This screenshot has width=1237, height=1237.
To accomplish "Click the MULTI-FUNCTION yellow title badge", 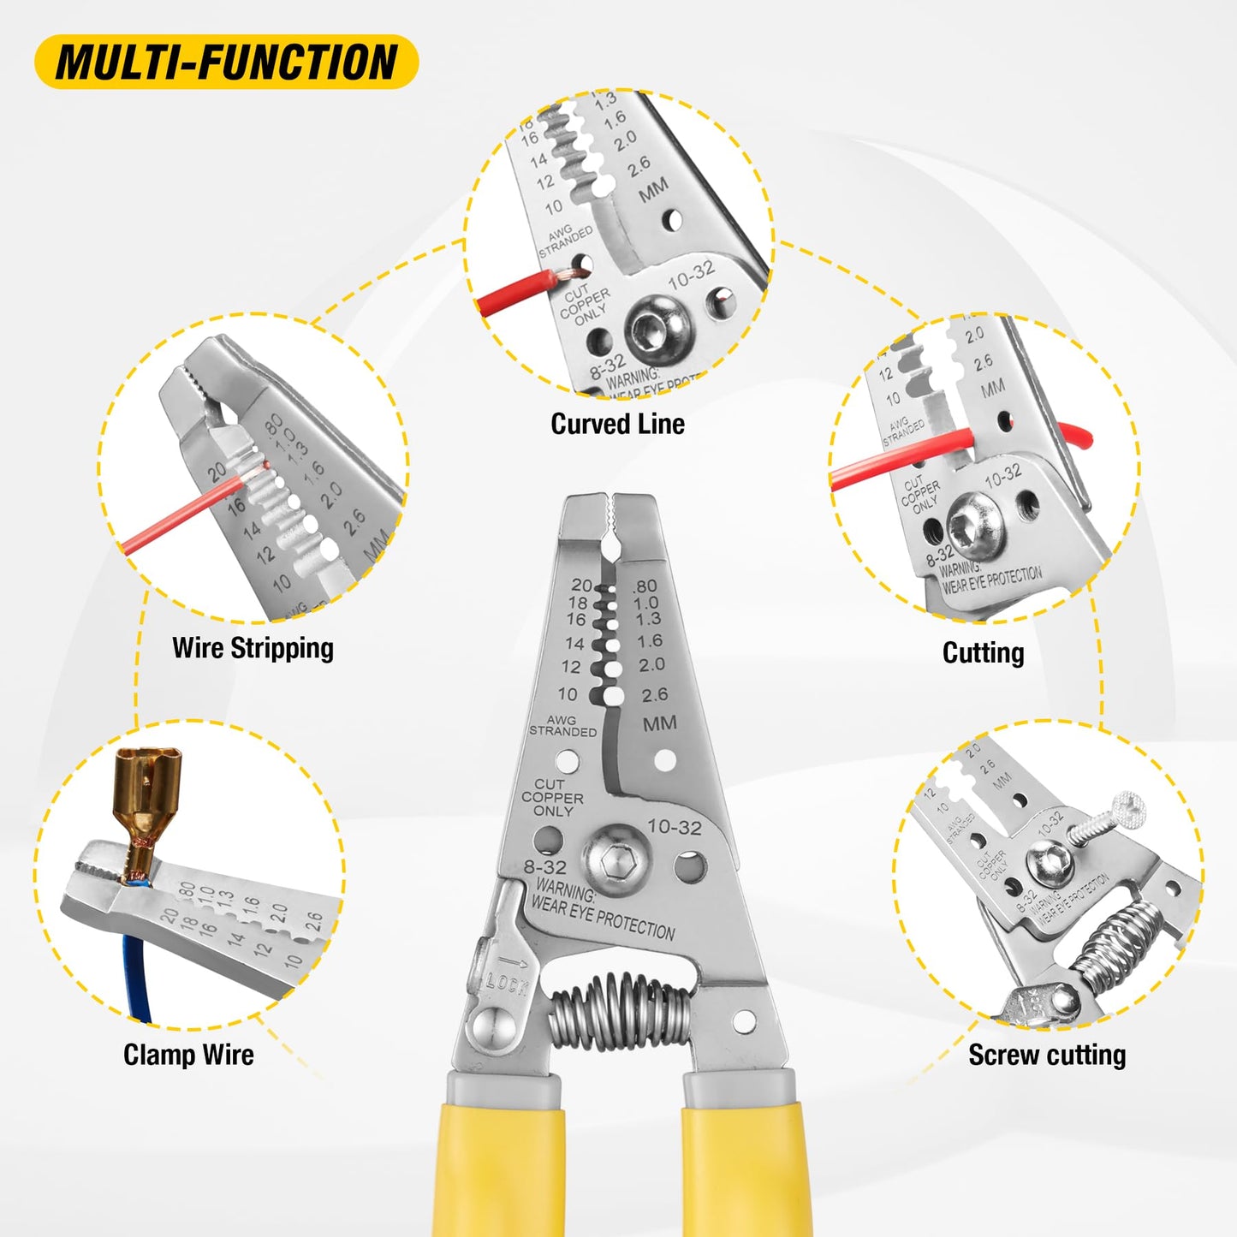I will click(x=226, y=62).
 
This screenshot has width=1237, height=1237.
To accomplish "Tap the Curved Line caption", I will click(x=617, y=424).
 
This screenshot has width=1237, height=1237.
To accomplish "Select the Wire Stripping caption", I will click(x=253, y=648).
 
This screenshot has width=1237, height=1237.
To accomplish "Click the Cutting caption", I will click(x=983, y=653).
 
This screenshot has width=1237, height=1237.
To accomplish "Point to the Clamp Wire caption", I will click(x=188, y=1055).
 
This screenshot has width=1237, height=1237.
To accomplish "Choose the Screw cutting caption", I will click(x=1046, y=1055).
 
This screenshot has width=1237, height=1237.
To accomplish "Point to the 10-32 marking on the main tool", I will click(x=675, y=827).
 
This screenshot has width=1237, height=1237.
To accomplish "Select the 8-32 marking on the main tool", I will click(x=545, y=867).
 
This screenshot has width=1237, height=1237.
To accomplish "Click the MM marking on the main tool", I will click(x=659, y=723).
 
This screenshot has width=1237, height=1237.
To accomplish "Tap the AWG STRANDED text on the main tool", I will click(x=562, y=726).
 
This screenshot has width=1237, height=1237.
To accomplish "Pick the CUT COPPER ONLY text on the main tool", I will click(x=552, y=797).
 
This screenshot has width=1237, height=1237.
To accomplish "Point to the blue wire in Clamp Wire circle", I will click(x=138, y=976).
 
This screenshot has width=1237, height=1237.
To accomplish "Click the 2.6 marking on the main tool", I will click(x=655, y=694).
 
